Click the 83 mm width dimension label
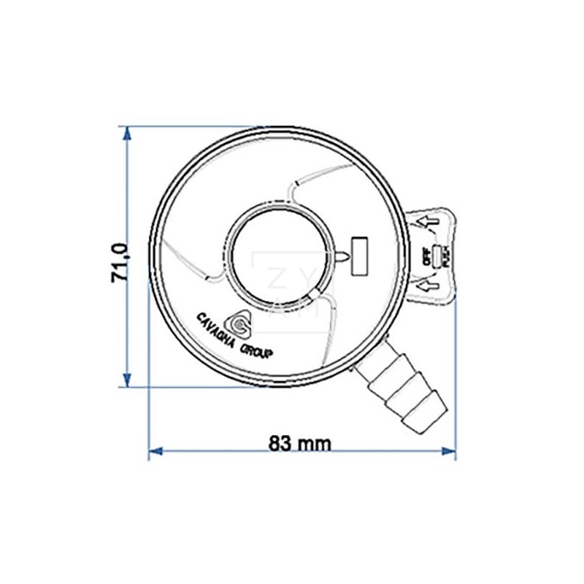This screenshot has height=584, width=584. point(299,442)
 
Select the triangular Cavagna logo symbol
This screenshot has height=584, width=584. point(240,322)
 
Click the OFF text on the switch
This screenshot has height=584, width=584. point(426,255)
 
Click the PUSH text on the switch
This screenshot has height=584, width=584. point(445,257)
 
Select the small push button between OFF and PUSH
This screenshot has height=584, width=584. point(436,256)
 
